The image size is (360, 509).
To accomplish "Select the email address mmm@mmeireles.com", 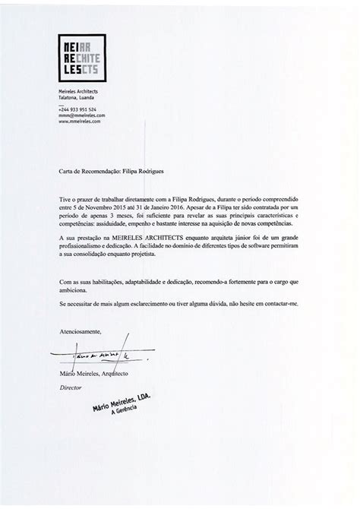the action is tap(81, 115).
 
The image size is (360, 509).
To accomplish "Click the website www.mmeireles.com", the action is tap(80, 122).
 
